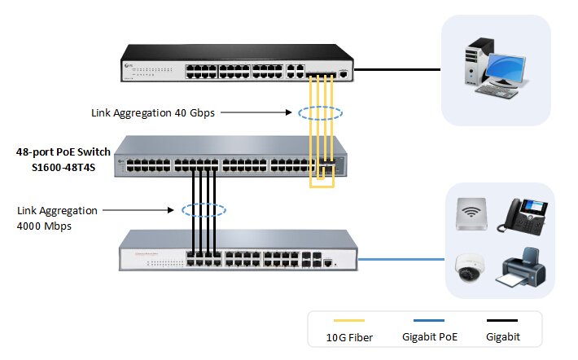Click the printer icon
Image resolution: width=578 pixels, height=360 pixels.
[x=523, y=267]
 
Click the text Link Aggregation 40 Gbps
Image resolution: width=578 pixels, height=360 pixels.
[x=153, y=113]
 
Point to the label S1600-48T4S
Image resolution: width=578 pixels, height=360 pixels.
[x=63, y=168]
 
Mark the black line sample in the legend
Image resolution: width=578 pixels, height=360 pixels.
[x=501, y=320]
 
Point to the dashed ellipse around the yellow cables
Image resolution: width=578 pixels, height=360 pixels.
[x=320, y=113]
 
